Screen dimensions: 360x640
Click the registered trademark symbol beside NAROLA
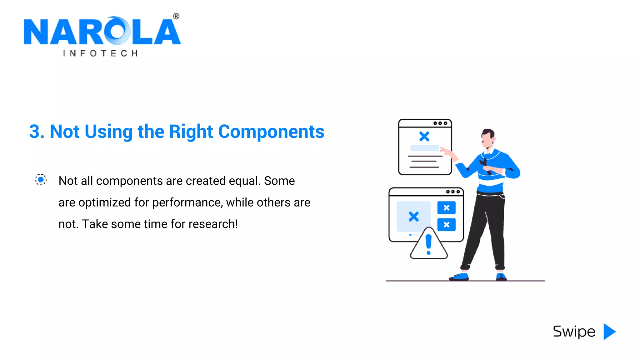coord(176,16)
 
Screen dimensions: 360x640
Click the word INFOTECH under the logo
coord(100,53)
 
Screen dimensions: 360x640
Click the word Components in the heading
coord(271,132)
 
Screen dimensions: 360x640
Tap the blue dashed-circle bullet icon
coord(41,180)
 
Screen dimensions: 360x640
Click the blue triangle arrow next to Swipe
coord(609,332)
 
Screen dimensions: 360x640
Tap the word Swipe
coord(574,332)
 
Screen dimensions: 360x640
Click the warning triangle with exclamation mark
coord(429,245)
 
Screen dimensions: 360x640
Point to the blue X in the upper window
coord(424,136)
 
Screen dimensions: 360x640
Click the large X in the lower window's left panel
coord(413,216)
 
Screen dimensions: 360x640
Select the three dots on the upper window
coord(440,123)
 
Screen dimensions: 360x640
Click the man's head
coord(487,138)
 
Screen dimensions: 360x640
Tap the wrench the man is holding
coord(485,166)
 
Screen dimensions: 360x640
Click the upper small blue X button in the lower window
coord(446,208)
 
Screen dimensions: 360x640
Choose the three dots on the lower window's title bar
coord(453,192)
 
